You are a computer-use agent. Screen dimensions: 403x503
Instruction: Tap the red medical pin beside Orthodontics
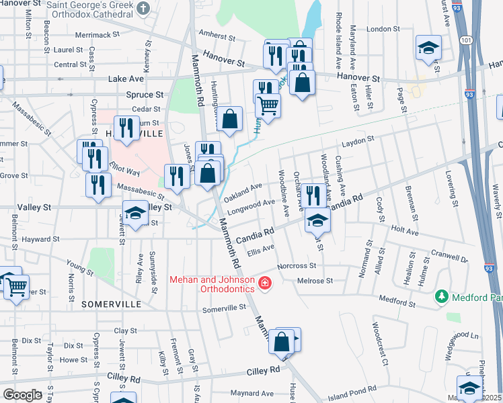click(265, 284)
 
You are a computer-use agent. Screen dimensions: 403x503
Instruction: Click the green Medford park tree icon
click(441, 296)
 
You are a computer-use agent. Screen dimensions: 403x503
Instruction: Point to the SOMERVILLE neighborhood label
click(112, 304)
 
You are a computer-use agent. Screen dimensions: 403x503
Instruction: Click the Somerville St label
click(225, 308)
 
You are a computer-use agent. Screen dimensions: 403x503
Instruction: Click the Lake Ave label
click(126, 79)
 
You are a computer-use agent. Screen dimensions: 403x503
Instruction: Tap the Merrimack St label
click(98, 34)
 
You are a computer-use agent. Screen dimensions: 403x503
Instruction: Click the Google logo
click(22, 395)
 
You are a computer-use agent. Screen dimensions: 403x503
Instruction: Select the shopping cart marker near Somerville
click(17, 287)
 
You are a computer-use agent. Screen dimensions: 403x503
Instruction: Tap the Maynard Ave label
click(251, 394)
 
